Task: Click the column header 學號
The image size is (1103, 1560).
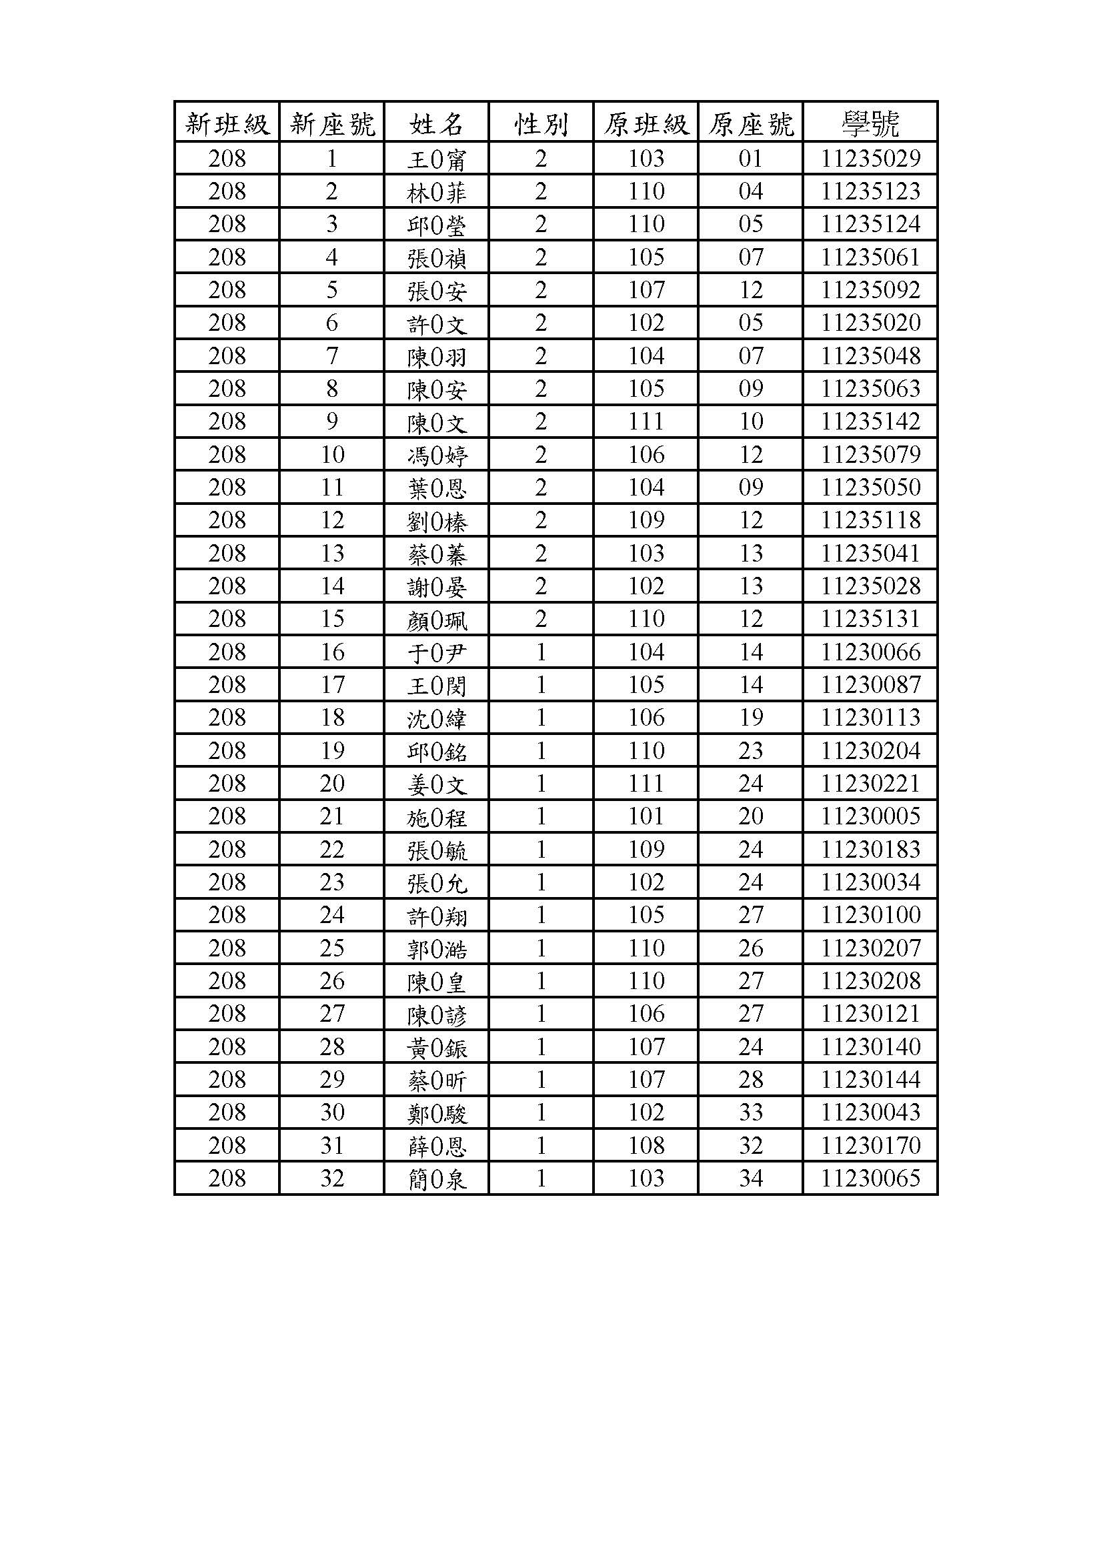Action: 870,123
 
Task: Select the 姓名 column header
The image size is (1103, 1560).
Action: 436,123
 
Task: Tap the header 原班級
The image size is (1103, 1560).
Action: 646,123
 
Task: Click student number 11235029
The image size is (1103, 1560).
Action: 870,159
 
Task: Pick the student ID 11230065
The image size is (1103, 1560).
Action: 870,1178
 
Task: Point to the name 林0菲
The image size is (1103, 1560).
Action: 436,193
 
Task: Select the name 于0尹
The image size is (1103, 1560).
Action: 436,653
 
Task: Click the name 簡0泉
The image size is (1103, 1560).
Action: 436,1179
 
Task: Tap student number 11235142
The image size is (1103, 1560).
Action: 870,422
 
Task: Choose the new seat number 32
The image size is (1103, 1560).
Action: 332,1178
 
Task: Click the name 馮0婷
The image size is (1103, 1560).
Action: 436,456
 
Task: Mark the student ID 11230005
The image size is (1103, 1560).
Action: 870,816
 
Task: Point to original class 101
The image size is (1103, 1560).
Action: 646,816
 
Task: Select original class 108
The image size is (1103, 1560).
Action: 646,1146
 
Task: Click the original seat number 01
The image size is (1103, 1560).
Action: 750,159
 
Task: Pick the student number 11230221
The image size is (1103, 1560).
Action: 870,784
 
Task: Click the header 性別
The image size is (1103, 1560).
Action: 541,123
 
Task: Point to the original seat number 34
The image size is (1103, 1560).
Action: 750,1178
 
